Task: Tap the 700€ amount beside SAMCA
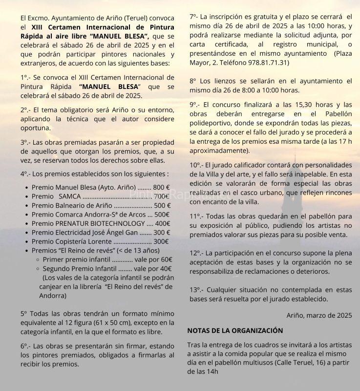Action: [162, 196]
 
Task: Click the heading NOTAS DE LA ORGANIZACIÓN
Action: [235, 330]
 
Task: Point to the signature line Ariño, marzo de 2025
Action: [319, 315]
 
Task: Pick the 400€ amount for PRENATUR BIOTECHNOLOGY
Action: [162, 223]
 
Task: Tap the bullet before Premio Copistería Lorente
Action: [26, 242]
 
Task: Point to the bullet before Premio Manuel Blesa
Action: [26, 187]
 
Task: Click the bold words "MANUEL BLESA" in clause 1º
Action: [106, 87]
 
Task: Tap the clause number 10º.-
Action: [197, 165]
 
